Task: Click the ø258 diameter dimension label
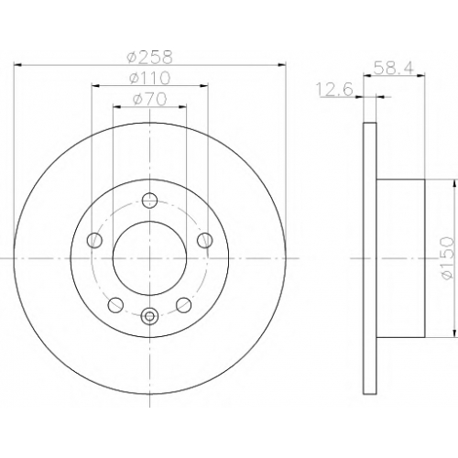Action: coord(150,57)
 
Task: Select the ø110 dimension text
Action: coord(150,78)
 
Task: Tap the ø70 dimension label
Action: coord(150,99)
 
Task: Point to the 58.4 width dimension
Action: coord(394,68)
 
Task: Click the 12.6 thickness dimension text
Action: coord(335,90)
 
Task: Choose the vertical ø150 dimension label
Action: coord(447,258)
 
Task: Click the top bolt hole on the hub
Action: coord(150,201)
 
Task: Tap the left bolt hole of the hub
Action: coord(94,240)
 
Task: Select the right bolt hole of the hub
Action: coord(205,240)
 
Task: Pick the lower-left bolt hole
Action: coord(115,305)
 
